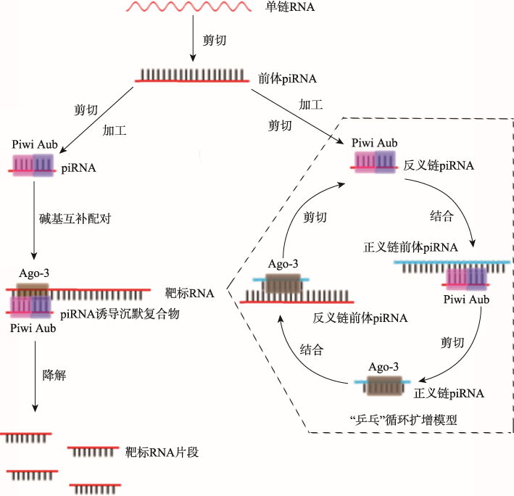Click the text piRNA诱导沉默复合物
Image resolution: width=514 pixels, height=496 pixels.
pyautogui.click(x=120, y=313)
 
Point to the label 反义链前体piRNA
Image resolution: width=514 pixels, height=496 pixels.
pyautogui.click(x=360, y=318)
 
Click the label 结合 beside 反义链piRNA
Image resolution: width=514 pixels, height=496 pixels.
pyautogui.click(x=442, y=215)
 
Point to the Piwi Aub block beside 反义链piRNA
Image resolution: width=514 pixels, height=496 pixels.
pyautogui.click(x=374, y=163)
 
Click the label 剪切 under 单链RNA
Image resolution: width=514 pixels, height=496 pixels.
pyautogui.click(x=215, y=41)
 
